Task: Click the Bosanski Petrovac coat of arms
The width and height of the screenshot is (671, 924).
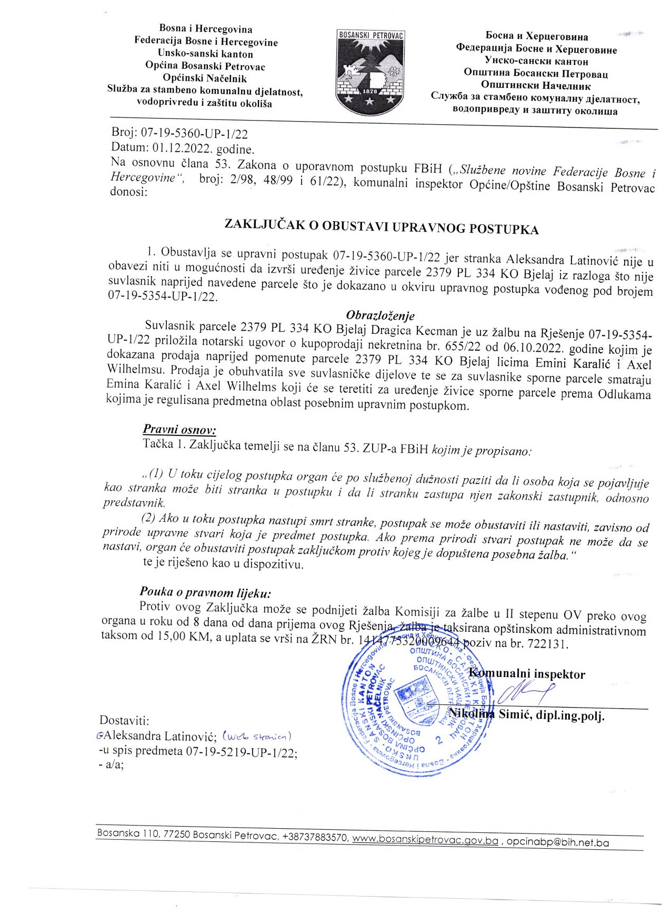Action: coord(370,72)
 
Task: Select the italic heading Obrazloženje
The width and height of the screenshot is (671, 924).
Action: coord(380,315)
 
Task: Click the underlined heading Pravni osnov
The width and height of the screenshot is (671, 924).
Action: coord(179,430)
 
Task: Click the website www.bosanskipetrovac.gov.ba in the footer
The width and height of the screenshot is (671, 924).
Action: coord(425,841)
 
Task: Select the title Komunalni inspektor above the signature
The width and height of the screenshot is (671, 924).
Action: coord(526,674)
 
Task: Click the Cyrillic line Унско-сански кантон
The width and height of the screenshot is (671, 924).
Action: coord(536,61)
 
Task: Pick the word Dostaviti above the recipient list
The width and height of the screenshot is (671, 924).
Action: coord(124,720)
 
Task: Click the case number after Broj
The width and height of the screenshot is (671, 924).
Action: coord(194,134)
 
